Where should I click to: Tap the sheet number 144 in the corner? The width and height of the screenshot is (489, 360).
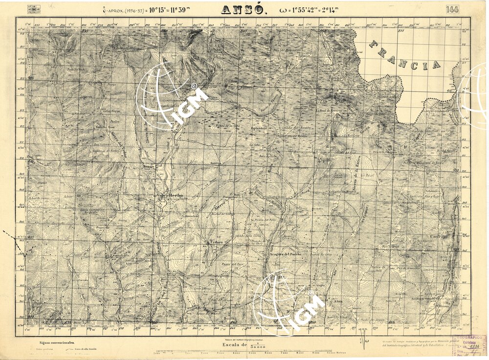click(x=452, y=9)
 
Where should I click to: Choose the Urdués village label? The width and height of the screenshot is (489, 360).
click(x=216, y=242)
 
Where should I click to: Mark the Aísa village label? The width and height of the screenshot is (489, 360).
click(x=337, y=302)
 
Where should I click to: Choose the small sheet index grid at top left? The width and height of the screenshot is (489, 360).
click(x=35, y=9)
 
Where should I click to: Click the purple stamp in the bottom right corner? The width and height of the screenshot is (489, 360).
click(x=469, y=345)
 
